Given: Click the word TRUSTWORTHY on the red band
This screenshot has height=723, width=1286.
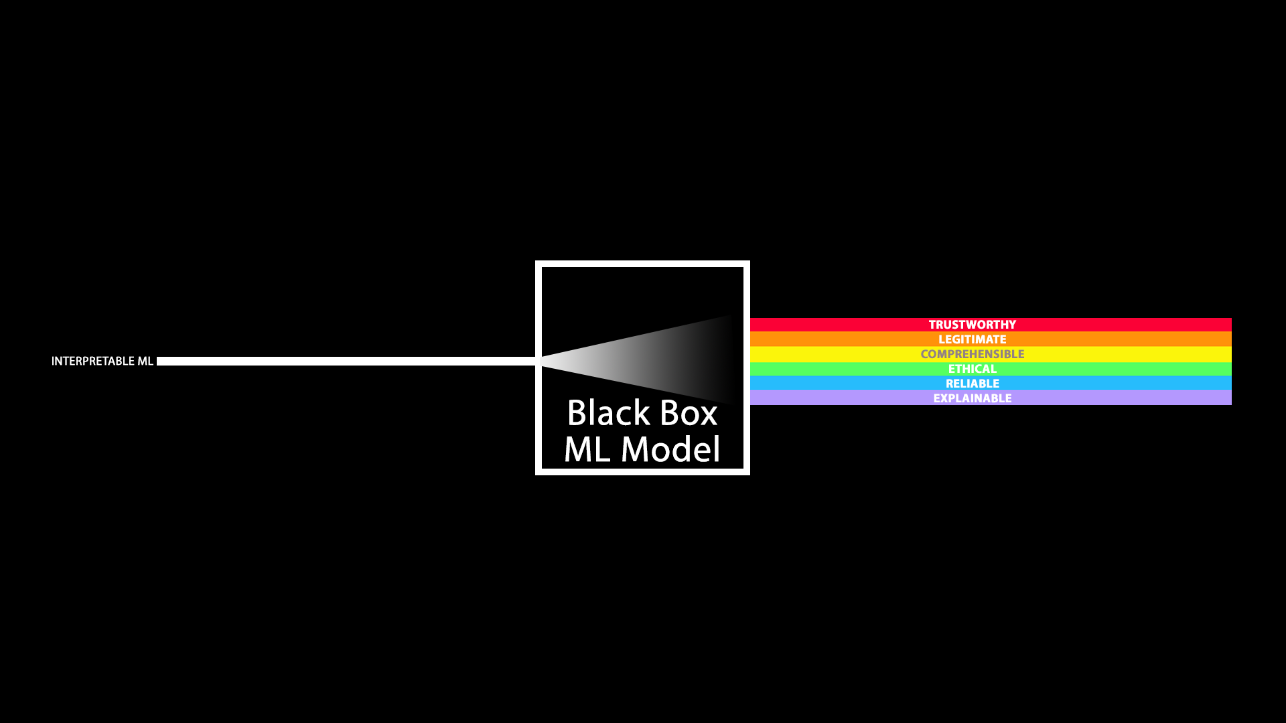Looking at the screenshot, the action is tap(972, 325).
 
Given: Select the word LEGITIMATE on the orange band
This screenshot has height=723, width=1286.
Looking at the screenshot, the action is tap(972, 339).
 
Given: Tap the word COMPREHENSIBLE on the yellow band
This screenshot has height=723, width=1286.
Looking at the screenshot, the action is tap(972, 354).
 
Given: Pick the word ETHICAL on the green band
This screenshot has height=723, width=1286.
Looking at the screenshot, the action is tap(972, 369).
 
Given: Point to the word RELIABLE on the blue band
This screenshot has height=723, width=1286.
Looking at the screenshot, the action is tap(972, 384).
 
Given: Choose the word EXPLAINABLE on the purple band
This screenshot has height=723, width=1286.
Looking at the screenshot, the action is tap(972, 398).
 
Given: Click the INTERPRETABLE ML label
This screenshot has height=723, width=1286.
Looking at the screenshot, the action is tap(102, 361).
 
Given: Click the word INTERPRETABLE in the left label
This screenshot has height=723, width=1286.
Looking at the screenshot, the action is tap(92, 361).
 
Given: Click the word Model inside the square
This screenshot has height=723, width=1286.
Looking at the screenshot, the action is tap(670, 449).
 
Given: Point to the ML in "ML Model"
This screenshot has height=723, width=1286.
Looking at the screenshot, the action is tap(587, 449).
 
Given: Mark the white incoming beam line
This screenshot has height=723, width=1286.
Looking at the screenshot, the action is tap(346, 361).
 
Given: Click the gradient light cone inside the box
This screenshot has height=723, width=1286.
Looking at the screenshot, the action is tap(643, 360).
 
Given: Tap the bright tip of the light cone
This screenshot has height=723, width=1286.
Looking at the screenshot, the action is tap(542, 361).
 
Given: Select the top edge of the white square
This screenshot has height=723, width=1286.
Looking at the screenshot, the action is tap(642, 264).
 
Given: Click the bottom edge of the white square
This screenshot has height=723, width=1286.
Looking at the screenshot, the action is tap(642, 472).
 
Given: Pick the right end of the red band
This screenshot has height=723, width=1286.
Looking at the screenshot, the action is tap(1230, 325).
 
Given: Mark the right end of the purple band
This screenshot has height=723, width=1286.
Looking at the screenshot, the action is tap(1230, 398).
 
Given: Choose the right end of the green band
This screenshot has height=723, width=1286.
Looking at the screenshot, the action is tap(1230, 369).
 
